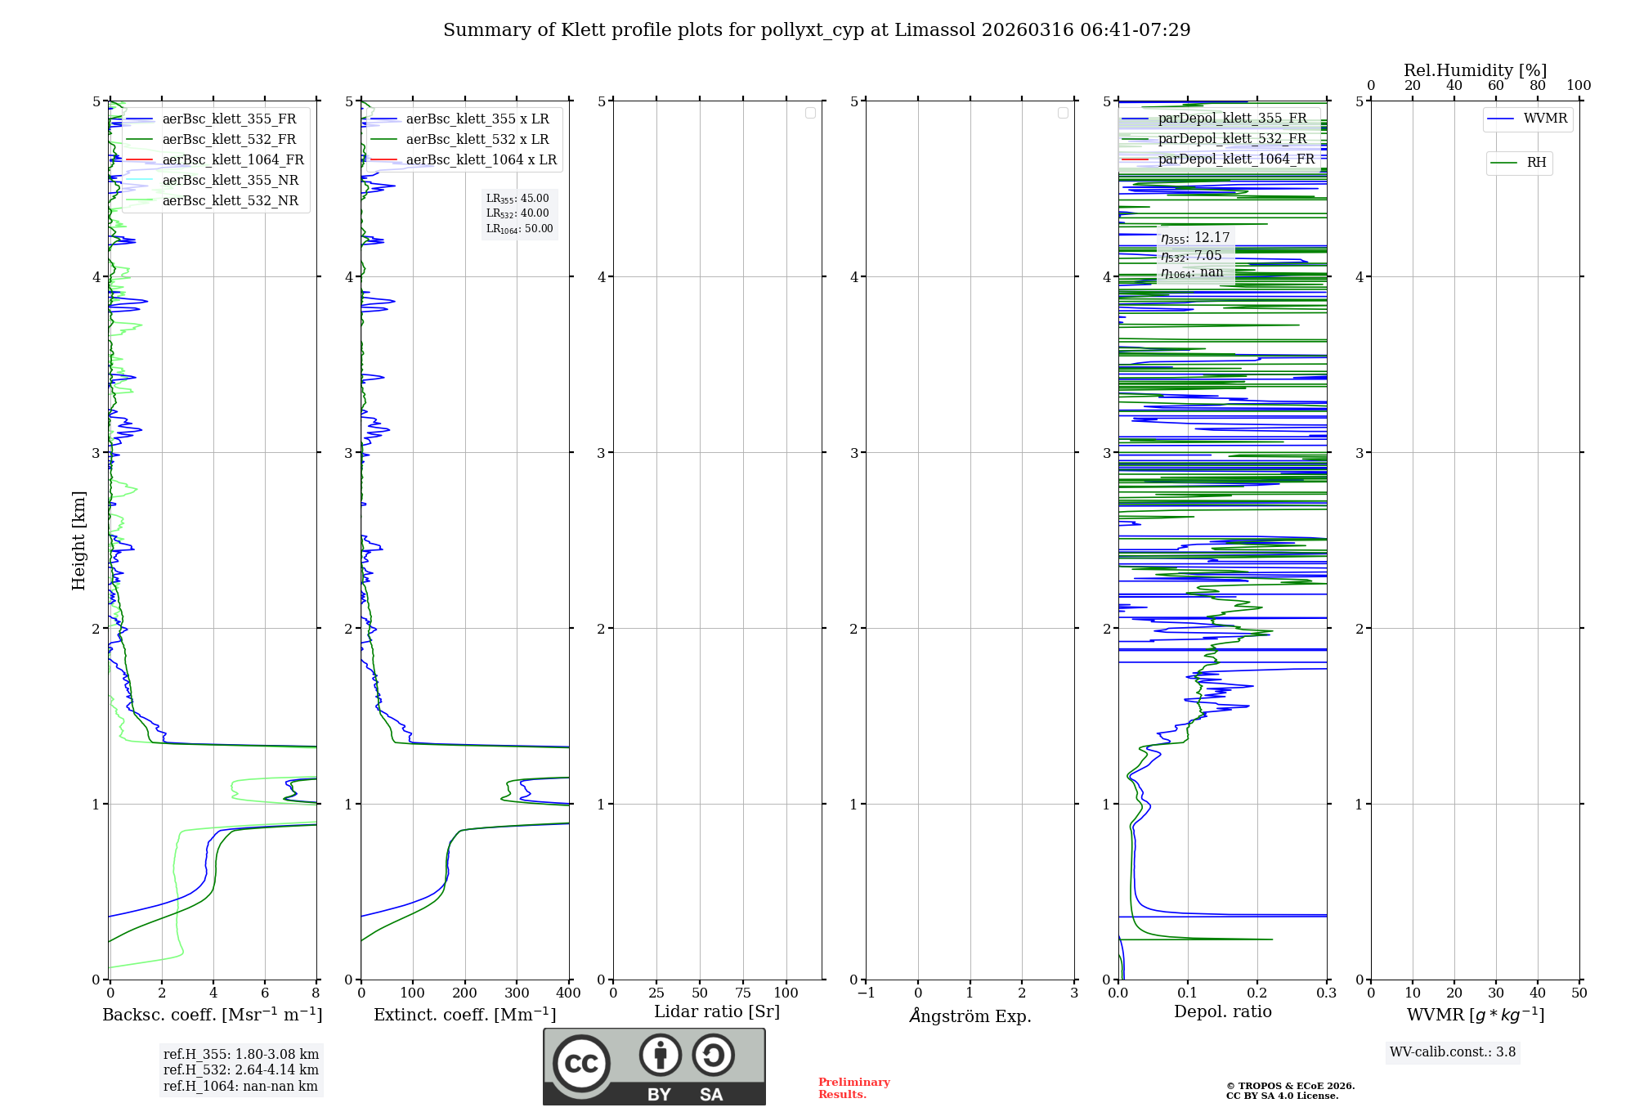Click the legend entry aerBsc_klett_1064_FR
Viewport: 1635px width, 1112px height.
[x=233, y=160]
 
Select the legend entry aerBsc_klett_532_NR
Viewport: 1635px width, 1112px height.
[x=230, y=201]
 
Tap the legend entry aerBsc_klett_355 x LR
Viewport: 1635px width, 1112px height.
[x=477, y=119]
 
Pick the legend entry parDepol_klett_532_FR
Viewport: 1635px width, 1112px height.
[x=1232, y=139]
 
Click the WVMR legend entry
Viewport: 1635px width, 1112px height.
[x=1545, y=119]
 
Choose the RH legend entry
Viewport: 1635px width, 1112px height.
[x=1536, y=163]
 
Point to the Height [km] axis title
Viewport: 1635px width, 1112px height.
[x=78, y=540]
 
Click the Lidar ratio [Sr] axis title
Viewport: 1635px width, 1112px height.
[x=716, y=1012]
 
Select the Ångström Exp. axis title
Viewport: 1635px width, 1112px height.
[x=970, y=1016]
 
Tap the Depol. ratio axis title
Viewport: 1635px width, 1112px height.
[x=1222, y=1012]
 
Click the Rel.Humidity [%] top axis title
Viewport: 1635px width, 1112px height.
[x=1475, y=71]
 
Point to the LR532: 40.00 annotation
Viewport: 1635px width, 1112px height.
[x=517, y=213]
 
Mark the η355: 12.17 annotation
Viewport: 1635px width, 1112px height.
[x=1195, y=238]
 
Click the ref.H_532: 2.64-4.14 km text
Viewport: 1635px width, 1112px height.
[x=240, y=1070]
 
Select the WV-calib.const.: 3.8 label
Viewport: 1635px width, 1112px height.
[x=1452, y=1052]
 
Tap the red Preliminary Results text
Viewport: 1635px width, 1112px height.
[x=853, y=1088]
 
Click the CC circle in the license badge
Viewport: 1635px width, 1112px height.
[x=581, y=1064]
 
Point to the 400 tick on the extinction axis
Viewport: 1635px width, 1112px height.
[x=568, y=993]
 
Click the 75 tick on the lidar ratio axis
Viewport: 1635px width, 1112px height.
[x=742, y=993]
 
